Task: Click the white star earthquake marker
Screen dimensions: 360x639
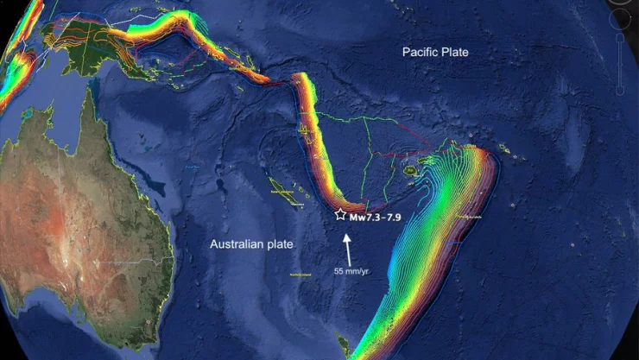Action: click(x=340, y=214)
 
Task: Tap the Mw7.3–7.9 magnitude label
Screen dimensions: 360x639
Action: click(x=378, y=217)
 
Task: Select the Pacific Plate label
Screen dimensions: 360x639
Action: click(x=435, y=53)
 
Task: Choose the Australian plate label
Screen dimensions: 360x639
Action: click(x=251, y=244)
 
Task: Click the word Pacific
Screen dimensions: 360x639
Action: click(x=419, y=53)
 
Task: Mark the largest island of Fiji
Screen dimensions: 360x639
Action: click(x=412, y=171)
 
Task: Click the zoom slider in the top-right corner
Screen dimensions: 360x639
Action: click(x=623, y=65)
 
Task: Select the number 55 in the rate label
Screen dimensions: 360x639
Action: click(x=340, y=270)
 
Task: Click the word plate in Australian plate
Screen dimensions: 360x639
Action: click(x=281, y=244)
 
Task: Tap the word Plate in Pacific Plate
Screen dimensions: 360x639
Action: click(x=455, y=53)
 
